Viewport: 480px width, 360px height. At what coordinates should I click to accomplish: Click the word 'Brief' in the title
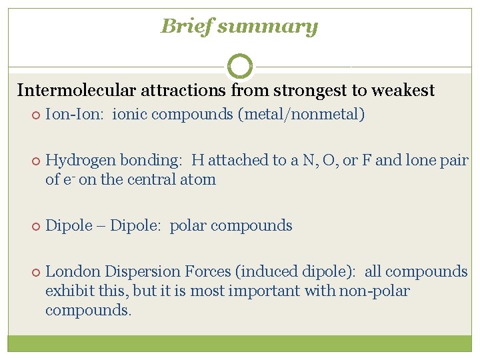pos(187,27)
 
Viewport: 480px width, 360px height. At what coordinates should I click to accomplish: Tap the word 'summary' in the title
pos(267,27)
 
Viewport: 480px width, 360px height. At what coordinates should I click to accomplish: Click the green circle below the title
pos(240,66)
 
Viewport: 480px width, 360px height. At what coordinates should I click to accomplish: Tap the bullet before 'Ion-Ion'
pos(35,115)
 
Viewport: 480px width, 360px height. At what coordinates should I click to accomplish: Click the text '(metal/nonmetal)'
pos(301,115)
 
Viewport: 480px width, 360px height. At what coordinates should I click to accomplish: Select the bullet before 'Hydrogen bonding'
pos(35,161)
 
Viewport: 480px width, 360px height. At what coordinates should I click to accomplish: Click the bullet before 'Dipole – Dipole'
pos(35,226)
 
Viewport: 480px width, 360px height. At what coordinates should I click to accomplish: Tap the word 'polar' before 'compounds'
pos(189,226)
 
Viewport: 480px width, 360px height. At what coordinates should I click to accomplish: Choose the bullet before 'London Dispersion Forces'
pos(35,272)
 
